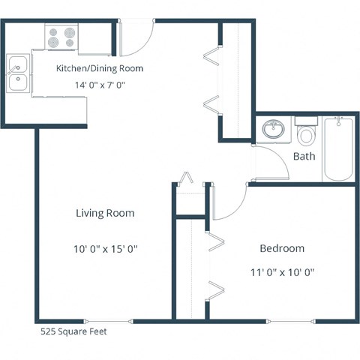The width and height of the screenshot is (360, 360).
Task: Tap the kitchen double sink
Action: (x=18, y=73)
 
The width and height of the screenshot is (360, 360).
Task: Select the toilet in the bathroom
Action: (x=305, y=134)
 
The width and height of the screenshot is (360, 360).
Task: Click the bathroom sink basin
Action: (x=274, y=130)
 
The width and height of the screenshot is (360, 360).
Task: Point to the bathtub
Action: (x=338, y=148)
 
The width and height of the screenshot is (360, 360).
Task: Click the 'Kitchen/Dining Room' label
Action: (x=100, y=68)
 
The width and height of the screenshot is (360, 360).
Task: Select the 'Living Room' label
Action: (x=105, y=213)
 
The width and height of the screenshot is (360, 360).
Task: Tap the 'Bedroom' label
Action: (x=282, y=248)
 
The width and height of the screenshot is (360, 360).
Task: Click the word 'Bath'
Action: (x=304, y=157)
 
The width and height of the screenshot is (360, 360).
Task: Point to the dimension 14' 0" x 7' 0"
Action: (x=100, y=85)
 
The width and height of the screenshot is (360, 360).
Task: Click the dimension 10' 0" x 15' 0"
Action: (x=105, y=248)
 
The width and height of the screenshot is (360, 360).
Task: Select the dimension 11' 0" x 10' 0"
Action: (x=282, y=272)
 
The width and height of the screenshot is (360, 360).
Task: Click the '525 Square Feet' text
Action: (x=73, y=330)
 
